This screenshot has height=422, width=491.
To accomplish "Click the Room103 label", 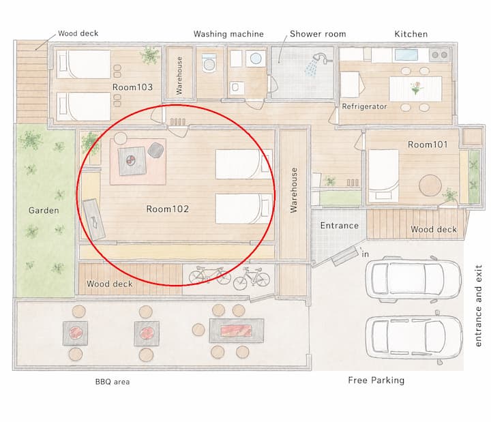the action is pos(132,87).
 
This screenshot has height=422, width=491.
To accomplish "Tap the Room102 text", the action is pos(168,209).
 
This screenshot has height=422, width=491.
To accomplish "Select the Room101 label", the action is pos(428,145).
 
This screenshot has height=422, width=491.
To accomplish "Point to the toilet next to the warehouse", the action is pos(209,63).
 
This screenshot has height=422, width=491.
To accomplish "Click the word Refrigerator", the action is pos(364,106).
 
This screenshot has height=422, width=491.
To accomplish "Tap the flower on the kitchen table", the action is pos(417,88).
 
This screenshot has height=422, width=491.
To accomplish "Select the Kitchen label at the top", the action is pos(411,34).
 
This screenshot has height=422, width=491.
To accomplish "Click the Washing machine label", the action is pos(228,34).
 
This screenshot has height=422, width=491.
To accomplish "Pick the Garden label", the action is pos(44,210).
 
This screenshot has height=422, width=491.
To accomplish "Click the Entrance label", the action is pos(339,226).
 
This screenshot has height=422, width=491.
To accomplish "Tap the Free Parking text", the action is pos(376,380).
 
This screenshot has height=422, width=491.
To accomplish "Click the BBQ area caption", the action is pos(113,382).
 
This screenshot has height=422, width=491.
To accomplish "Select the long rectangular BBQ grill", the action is pos(237,331).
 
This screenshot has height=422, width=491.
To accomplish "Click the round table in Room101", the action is pos(430,185).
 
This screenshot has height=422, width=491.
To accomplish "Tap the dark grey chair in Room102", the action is pos(155,150).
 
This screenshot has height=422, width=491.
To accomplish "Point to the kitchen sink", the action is pos(406,55).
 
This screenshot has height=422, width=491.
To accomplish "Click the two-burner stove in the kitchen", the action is pos(439,55).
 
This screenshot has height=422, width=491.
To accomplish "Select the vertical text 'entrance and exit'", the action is pos(478,305).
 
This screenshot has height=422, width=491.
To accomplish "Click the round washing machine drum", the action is pos(256,58).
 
